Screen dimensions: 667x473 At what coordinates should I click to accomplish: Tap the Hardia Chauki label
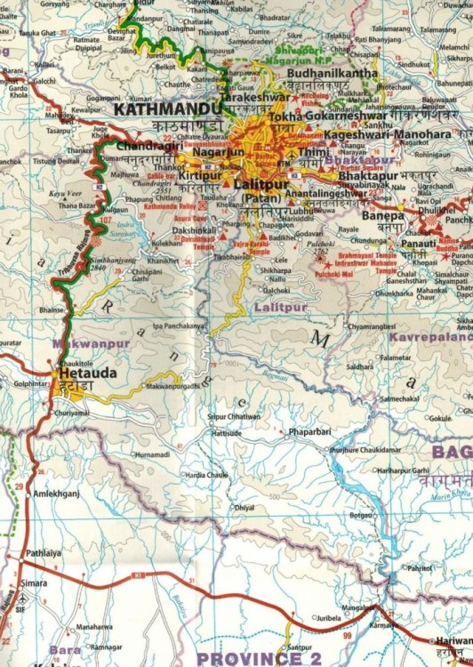206,475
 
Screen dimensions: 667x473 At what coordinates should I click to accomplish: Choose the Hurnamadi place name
151,454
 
